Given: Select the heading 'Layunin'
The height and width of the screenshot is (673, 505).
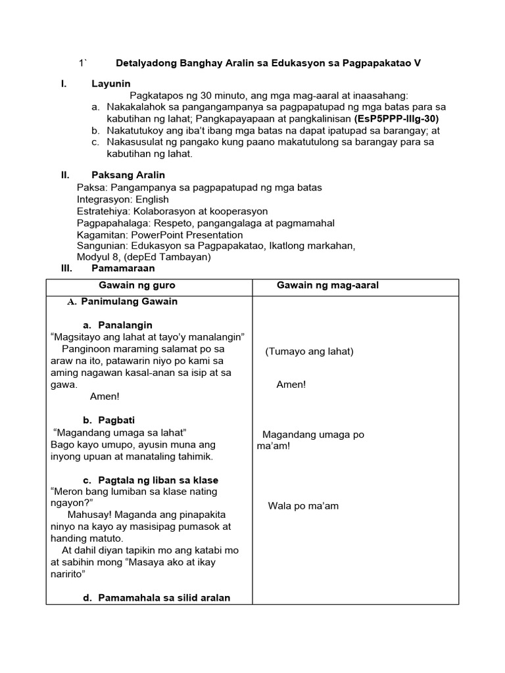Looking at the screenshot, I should click(x=111, y=83).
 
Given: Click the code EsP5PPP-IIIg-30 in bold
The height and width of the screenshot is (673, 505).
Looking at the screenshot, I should click(x=396, y=119).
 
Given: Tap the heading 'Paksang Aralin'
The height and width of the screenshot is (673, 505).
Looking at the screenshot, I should click(x=128, y=175).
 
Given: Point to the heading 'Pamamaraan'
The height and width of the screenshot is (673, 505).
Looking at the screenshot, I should click(x=123, y=268).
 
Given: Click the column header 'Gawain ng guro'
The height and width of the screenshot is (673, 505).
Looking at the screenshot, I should click(x=137, y=285).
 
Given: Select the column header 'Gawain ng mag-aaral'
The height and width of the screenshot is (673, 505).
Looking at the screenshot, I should click(x=327, y=285).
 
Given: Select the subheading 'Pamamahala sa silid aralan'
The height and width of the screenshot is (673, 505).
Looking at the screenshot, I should click(x=164, y=597).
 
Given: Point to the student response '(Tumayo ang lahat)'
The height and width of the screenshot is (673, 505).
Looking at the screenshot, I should click(x=309, y=352).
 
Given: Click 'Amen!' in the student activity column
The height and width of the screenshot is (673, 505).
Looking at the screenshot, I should click(x=291, y=384).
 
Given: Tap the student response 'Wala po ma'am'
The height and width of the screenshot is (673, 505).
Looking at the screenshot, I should click(x=303, y=506).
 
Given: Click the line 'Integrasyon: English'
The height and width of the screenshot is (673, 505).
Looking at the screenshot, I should click(x=123, y=199).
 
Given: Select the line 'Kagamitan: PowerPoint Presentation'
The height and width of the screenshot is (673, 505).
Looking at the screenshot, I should click(x=160, y=235).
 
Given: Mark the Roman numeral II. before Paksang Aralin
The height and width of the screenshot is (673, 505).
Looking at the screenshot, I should click(x=65, y=175).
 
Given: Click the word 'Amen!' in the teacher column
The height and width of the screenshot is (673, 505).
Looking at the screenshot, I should click(x=105, y=396).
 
